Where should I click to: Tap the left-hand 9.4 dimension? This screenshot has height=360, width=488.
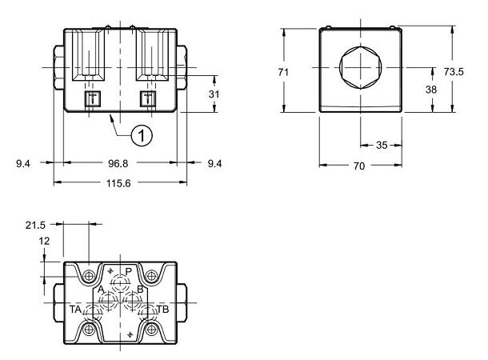click(24, 164)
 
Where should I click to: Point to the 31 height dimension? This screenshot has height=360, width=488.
click(214, 94)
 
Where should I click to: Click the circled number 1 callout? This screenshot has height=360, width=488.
click(142, 136)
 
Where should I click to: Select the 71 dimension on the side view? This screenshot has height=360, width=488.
click(282, 72)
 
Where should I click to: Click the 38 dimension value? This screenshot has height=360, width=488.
click(430, 90)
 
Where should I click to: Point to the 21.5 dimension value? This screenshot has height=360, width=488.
click(36, 226)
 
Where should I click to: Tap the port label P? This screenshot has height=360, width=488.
click(128, 271)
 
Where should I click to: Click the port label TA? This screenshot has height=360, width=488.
click(74, 309)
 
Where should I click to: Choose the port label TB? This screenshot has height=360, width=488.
click(162, 309)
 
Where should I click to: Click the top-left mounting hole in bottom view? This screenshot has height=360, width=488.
click(89, 277)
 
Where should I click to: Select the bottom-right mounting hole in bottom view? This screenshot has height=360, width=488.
click(150, 329)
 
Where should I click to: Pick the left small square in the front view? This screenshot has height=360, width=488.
click(91, 98)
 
